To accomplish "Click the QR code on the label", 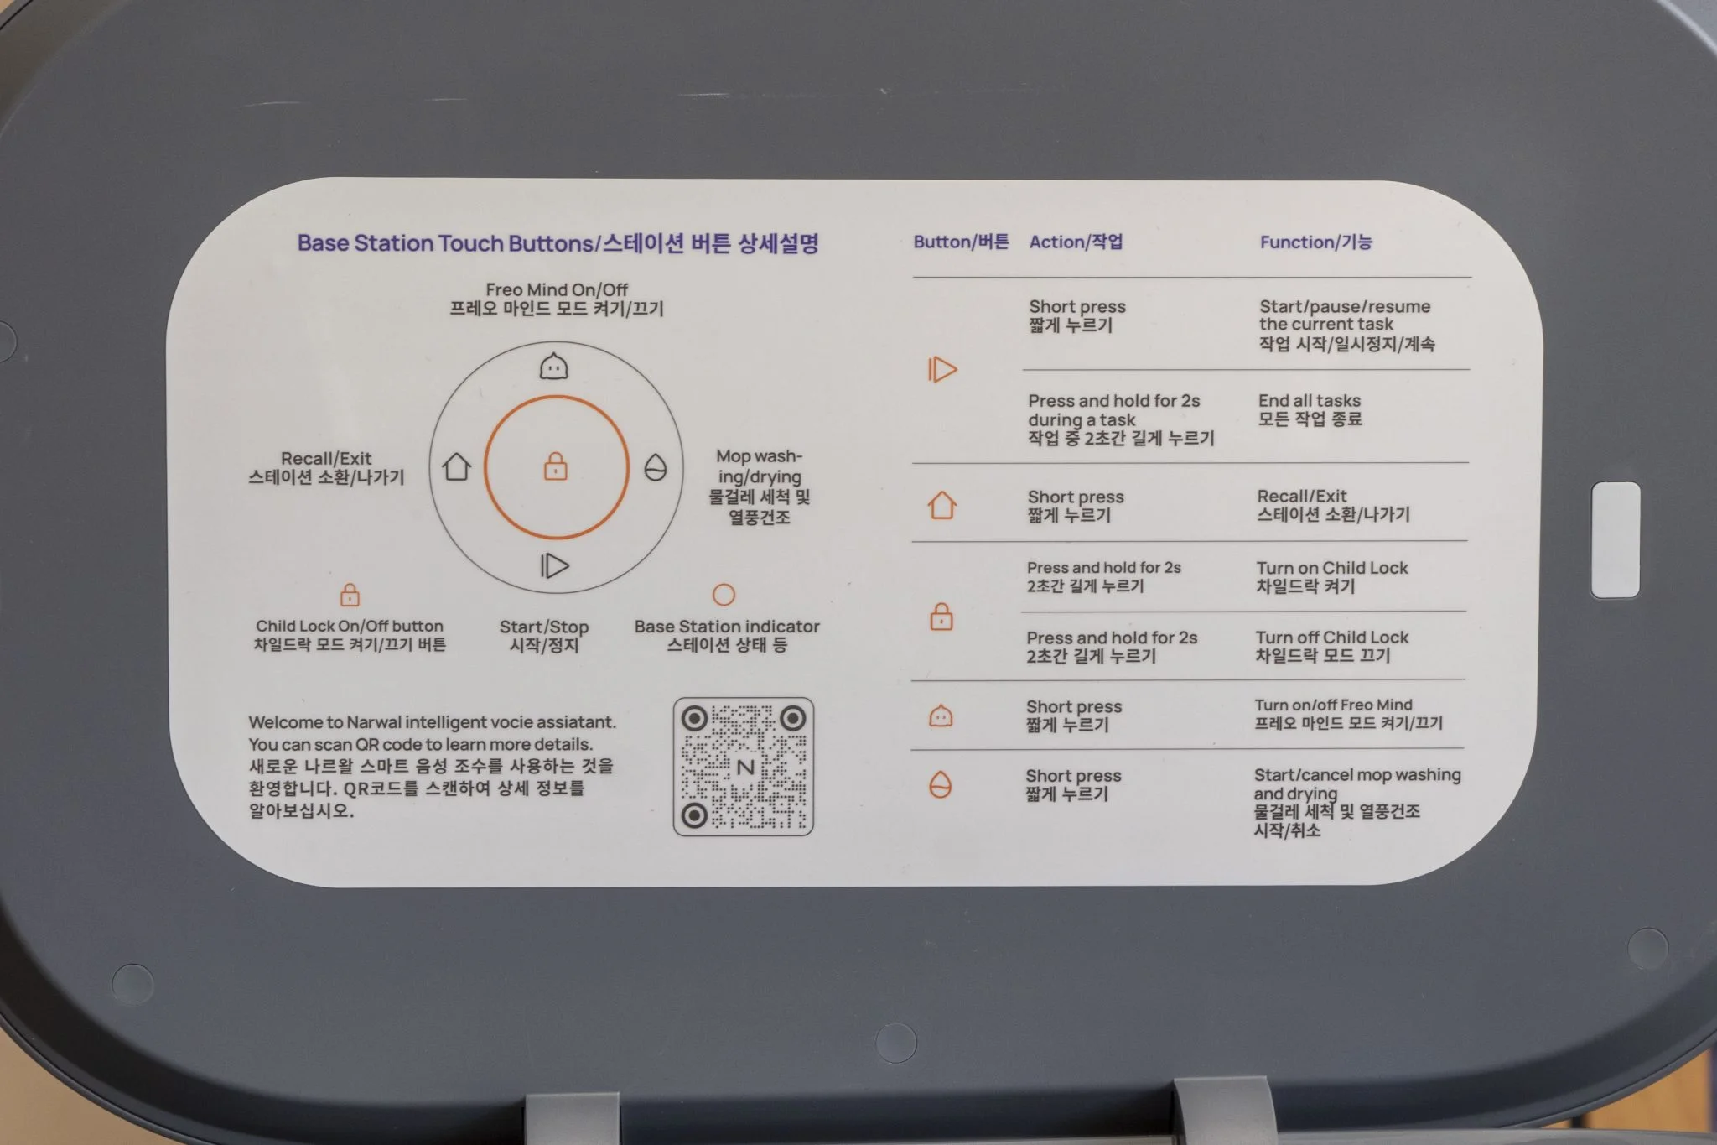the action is [744, 767].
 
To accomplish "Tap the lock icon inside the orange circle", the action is [556, 466].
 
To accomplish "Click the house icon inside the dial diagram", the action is [456, 466].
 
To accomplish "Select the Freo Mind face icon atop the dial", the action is [553, 366].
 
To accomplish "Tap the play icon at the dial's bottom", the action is [554, 565].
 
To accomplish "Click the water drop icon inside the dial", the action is [656, 468].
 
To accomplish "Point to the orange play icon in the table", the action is [942, 369].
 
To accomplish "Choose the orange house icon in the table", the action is [942, 506].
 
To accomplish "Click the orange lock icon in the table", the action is [941, 617].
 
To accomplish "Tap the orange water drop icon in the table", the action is [941, 785].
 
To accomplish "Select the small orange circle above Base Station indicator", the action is [724, 595].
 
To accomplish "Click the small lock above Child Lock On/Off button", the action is [350, 595].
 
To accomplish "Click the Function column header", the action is [1316, 242].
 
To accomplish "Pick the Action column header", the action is [1076, 242].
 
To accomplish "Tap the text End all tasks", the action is [1310, 401].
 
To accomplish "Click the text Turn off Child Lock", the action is [1332, 638].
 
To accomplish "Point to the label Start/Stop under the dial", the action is [544, 627].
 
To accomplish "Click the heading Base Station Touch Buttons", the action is [446, 243].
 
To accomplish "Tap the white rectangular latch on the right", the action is [1616, 540].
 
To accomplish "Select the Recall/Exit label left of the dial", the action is [326, 458].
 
